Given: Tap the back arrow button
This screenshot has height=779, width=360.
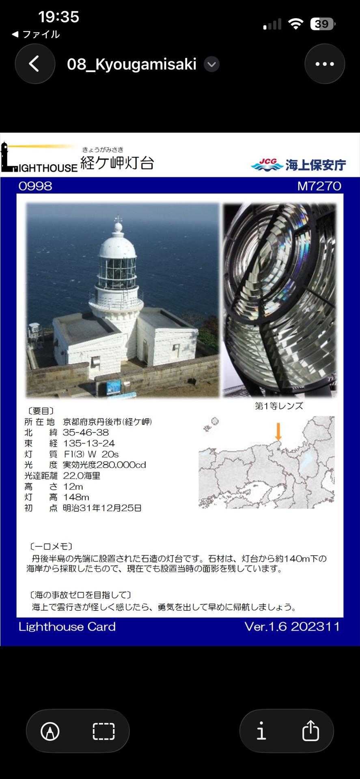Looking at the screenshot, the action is [35, 64].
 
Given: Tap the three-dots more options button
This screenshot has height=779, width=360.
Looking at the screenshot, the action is [325, 64].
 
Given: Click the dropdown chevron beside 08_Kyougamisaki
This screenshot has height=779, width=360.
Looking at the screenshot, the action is [211, 64].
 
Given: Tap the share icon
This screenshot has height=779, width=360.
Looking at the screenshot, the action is [310, 731].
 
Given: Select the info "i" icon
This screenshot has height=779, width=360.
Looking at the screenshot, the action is [261, 731].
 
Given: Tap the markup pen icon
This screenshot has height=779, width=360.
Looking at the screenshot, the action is [50, 731].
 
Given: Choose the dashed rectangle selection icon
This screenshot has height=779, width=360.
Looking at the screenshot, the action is [103, 731].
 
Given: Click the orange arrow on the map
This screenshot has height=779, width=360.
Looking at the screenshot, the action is [278, 431].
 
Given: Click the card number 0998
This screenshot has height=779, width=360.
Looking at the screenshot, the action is [35, 186].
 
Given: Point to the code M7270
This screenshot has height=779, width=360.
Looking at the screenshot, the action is [319, 186].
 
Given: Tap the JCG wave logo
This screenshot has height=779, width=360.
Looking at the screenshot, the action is [267, 165].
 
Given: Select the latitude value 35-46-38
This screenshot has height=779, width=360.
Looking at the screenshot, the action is [86, 433].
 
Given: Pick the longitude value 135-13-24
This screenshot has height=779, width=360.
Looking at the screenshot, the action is [89, 443].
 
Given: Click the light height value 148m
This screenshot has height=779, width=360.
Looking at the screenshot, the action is [76, 497].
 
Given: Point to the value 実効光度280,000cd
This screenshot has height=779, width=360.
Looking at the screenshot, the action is [104, 465].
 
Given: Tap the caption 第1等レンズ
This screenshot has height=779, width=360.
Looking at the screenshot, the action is [279, 406].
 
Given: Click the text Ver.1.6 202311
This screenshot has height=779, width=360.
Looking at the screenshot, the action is [292, 626].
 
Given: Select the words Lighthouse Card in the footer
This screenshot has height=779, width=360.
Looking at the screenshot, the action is [67, 627].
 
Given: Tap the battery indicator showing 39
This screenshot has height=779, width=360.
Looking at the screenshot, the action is [322, 24].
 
